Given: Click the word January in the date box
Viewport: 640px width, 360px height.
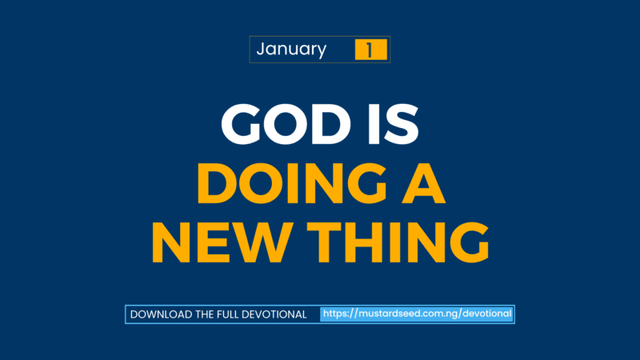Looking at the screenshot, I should (x=291, y=50).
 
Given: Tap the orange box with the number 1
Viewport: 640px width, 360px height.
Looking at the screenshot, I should (x=370, y=50).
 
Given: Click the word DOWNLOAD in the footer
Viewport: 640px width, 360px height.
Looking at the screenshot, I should (x=161, y=314).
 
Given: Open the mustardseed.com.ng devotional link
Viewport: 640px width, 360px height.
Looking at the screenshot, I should (x=417, y=314).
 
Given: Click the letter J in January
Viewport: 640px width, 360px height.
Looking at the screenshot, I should (x=261, y=50).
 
